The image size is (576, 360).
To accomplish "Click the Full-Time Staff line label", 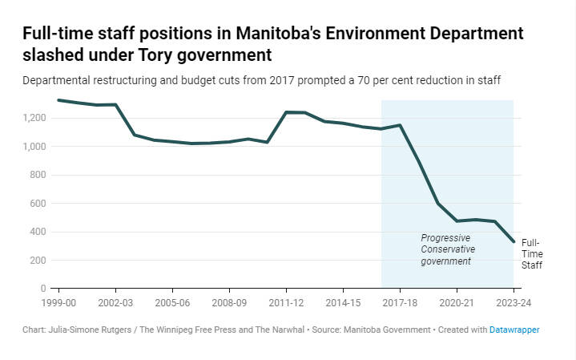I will (531, 253).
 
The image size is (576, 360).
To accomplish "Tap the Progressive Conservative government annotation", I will (448, 249).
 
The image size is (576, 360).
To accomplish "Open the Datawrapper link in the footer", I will (514, 330).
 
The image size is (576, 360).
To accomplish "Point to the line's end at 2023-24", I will (513, 241).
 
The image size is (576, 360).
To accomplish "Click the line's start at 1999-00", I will (59, 100).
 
